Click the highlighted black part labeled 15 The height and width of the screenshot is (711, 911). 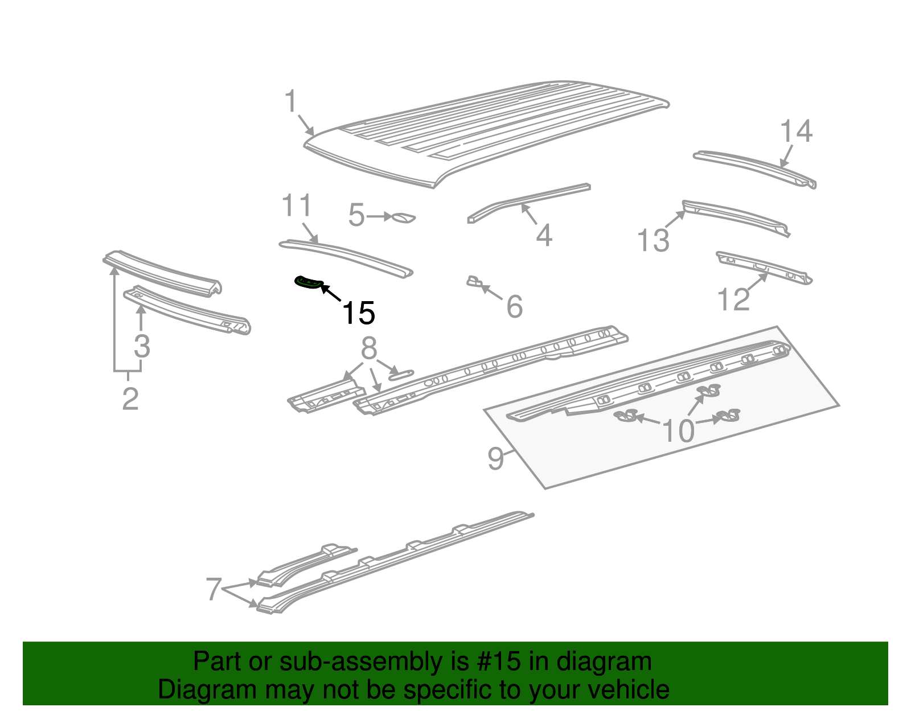[308, 282]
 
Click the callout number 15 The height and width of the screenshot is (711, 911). [358, 313]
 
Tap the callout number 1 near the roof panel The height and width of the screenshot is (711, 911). [291, 102]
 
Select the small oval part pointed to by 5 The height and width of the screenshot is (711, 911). [404, 217]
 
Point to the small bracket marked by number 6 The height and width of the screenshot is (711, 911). [474, 281]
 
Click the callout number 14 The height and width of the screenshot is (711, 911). [795, 131]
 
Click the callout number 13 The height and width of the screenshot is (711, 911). [653, 240]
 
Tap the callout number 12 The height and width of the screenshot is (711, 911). [733, 299]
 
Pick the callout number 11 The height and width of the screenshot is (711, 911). [297, 206]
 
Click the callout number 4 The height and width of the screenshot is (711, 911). [544, 235]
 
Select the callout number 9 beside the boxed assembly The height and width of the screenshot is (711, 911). [495, 458]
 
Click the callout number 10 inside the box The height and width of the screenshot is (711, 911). [678, 431]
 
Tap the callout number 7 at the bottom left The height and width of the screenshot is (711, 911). [213, 589]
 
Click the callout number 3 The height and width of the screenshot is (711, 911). [142, 346]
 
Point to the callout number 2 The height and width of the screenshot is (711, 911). [130, 399]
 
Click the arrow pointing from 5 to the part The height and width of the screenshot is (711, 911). [378, 216]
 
